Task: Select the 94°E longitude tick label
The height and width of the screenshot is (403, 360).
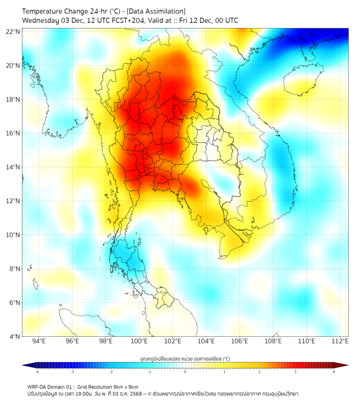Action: (x=39, y=342)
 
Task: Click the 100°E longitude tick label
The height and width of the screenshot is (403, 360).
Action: (x=139, y=342)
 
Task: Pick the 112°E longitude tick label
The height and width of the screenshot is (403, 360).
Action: (x=340, y=342)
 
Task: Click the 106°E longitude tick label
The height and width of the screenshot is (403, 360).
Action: (x=240, y=342)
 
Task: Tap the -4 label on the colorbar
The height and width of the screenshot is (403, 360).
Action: (x=37, y=372)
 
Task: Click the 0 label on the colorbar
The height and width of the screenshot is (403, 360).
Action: (x=185, y=372)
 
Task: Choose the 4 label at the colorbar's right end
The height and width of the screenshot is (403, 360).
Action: (x=334, y=372)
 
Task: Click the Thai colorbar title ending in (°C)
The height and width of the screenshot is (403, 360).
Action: (x=185, y=358)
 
